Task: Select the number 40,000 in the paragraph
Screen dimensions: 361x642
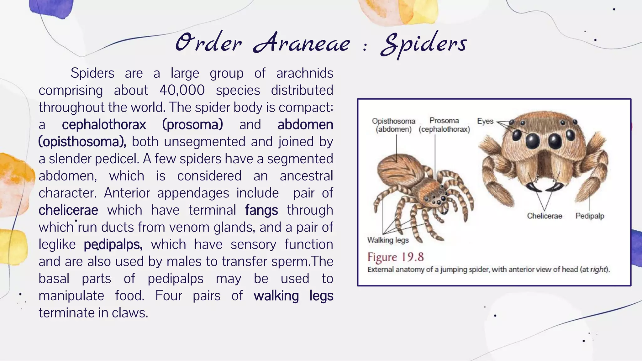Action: pos(182,90)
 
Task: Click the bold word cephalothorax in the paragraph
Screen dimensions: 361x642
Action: pos(104,124)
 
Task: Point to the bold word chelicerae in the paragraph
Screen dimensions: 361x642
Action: pos(68,210)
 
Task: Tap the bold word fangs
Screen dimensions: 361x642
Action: pos(261,210)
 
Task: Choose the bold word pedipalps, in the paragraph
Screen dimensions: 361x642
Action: pos(113,244)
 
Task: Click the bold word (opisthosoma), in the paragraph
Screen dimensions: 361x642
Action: pos(82,142)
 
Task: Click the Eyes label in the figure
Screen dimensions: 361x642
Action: pos(485,121)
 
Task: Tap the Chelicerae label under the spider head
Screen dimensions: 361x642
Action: pos(545,216)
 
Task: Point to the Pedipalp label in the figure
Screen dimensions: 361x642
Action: pos(590,216)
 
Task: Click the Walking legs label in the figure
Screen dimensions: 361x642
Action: pos(388,240)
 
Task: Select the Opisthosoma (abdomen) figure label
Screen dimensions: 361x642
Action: pos(394,125)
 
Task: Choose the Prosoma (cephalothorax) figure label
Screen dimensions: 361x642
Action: pos(444,125)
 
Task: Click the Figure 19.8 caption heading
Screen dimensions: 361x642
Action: pos(396,257)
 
